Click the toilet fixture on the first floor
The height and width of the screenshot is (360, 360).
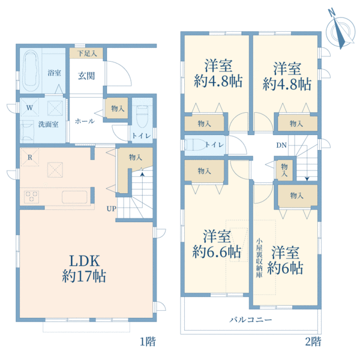(142, 113)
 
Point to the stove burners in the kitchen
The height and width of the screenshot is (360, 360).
(32, 196)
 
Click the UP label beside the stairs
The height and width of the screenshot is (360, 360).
(112, 208)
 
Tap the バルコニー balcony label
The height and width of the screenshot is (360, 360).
(251, 320)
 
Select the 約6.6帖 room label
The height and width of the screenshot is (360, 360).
(218, 242)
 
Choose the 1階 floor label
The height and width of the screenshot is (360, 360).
(148, 343)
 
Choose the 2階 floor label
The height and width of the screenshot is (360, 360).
(311, 343)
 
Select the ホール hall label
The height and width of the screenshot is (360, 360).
(84, 121)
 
